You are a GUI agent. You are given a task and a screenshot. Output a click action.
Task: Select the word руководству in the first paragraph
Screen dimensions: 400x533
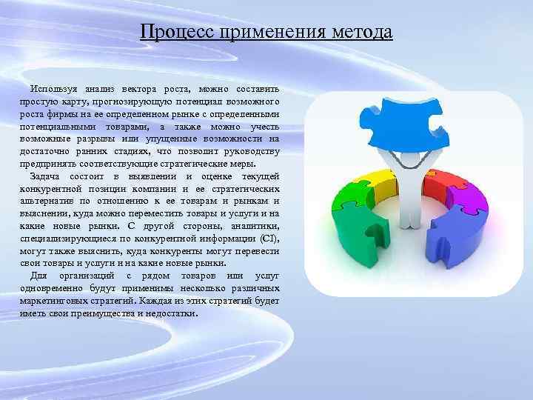click(x=254, y=152)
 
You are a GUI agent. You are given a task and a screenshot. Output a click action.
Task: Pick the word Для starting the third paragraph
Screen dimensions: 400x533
click(x=36, y=276)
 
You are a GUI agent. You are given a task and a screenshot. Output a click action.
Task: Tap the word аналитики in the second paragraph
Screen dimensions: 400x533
click(x=255, y=226)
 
